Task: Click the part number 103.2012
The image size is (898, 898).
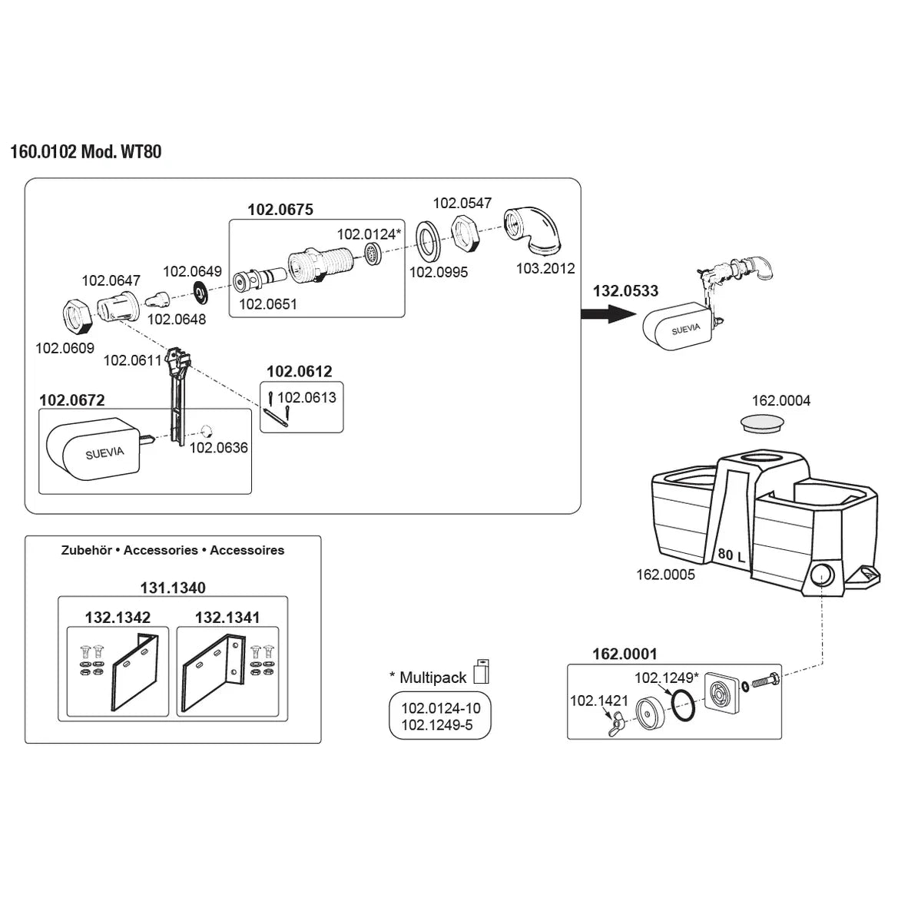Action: coord(545,268)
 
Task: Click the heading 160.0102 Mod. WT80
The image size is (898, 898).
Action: coord(85,151)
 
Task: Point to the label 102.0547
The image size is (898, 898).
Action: coord(462,204)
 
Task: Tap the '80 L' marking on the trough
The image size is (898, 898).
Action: coord(731,555)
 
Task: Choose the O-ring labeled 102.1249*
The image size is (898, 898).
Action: coord(681,705)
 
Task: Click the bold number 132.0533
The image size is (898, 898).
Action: coord(625,291)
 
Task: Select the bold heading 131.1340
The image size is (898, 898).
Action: coord(173,588)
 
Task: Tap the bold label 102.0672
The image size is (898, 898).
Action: coord(72,400)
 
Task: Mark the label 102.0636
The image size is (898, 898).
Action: coord(219,448)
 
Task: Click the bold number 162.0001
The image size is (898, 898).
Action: coord(625,654)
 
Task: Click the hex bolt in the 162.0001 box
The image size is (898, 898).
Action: coord(762,680)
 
